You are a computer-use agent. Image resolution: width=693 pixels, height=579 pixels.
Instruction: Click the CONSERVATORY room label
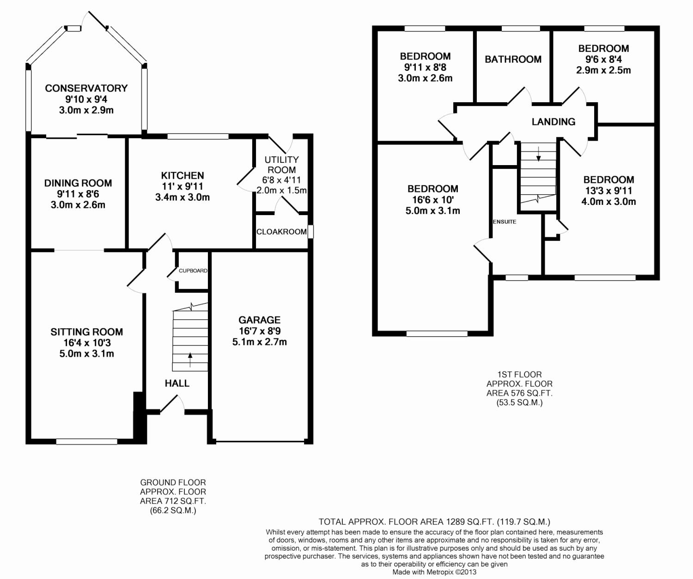point(86,88)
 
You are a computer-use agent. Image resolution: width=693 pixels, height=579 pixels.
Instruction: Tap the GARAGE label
point(260,320)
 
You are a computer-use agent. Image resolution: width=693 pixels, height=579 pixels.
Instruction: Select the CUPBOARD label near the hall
point(193,271)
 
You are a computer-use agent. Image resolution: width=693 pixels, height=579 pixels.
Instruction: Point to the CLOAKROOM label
point(281,232)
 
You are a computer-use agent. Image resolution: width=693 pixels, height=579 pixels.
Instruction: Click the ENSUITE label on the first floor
point(505,222)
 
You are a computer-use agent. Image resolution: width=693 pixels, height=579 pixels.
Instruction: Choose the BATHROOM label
point(513,60)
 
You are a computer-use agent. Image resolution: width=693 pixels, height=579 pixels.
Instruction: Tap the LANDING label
point(553,122)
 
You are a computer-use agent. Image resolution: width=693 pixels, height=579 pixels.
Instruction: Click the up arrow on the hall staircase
point(190,359)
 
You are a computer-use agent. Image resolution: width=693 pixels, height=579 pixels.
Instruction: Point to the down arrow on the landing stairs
point(538,154)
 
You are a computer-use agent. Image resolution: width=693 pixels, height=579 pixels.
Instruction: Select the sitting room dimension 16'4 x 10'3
point(87,343)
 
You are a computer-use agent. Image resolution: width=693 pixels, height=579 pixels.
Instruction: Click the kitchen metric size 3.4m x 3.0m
point(182,197)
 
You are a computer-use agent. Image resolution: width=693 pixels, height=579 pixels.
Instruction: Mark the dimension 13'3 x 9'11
point(608,191)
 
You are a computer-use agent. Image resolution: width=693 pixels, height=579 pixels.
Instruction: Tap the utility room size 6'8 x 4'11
point(281,180)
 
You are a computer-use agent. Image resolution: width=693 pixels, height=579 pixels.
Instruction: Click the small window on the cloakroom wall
point(310,232)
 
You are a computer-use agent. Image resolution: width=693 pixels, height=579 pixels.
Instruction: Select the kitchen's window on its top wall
point(198,136)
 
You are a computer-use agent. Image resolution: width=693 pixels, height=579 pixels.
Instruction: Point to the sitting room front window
point(87,442)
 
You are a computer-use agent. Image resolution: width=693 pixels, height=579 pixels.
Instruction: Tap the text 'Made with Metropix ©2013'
point(434,572)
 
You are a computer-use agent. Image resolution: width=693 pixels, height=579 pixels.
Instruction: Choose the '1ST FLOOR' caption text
point(520,375)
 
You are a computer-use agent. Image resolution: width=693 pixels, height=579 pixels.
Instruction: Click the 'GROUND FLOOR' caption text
point(173,482)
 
